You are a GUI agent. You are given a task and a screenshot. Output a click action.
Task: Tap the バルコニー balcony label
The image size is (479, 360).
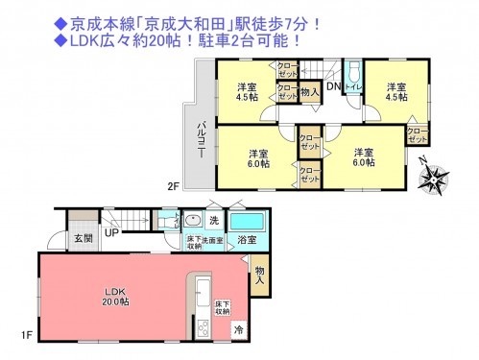203,141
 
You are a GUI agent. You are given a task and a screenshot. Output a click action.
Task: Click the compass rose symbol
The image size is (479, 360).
437,178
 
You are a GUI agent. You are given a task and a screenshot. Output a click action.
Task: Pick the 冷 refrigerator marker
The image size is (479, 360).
237,328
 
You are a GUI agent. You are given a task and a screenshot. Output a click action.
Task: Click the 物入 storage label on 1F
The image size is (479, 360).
260,275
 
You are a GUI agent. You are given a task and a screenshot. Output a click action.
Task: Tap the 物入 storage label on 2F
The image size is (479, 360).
309,92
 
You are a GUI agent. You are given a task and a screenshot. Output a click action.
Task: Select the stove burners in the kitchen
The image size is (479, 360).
204,329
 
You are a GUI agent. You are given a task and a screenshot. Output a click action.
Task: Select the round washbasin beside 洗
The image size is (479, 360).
192,220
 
